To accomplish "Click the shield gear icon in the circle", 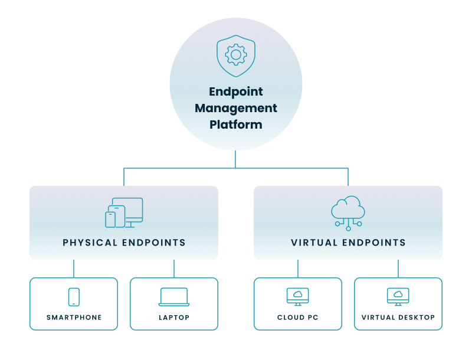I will pos(236,55).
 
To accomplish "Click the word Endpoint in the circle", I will pos(236,92).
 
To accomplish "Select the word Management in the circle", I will pos(236,109).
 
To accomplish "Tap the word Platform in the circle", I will pos(236,125).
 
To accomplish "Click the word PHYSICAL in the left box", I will pos(90,243).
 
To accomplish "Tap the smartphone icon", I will pos(74,297).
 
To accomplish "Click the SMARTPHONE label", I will pos(74,318).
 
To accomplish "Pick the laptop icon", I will pos(174,297).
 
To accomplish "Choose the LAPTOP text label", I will pos(174,318).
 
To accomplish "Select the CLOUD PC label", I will pos(298,318).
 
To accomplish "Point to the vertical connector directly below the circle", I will pos(236,159).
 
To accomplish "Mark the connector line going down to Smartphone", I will pos(74,269).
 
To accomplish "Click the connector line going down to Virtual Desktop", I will pos(398,269).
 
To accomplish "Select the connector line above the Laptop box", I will pos(174,269).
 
